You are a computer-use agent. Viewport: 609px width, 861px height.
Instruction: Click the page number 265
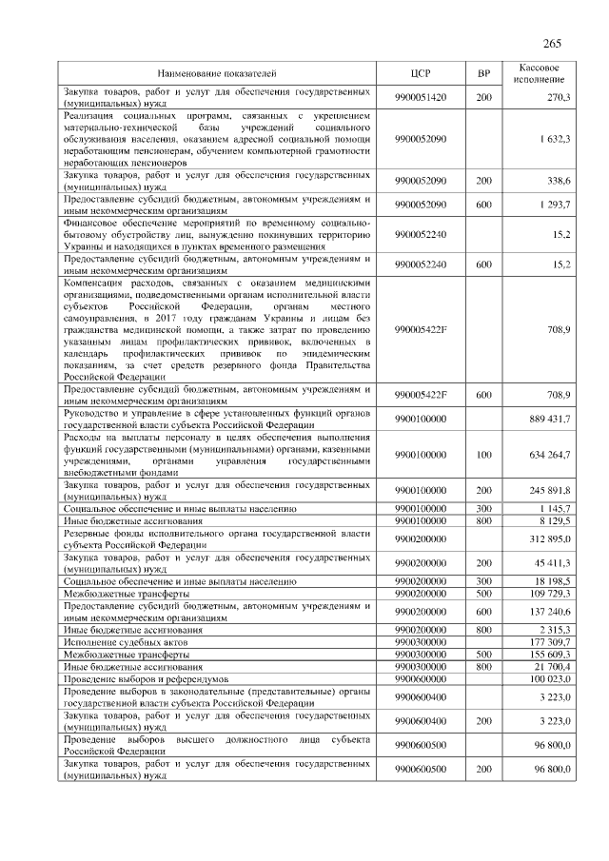click(x=553, y=45)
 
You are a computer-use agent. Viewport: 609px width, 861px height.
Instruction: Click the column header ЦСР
click(x=420, y=72)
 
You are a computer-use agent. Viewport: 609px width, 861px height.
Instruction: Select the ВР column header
click(x=482, y=72)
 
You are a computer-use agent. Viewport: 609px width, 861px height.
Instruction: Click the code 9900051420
click(x=420, y=97)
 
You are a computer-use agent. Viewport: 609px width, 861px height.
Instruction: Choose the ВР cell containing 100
click(x=482, y=454)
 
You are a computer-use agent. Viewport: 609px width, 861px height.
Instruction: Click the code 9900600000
click(x=420, y=678)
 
